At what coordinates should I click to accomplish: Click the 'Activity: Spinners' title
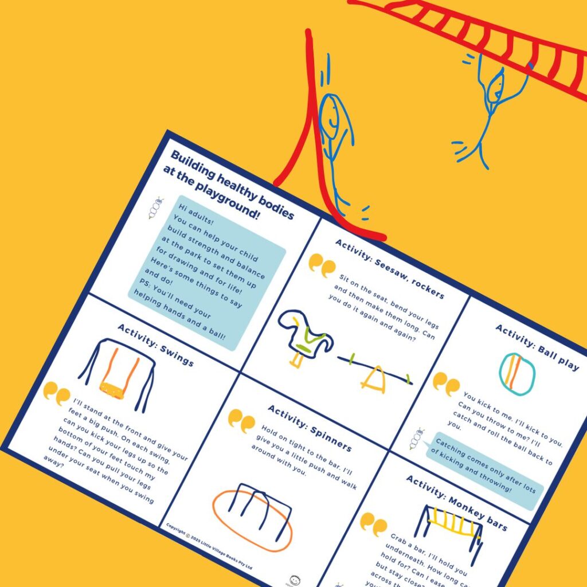[310, 427]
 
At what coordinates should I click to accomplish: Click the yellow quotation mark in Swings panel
[56, 393]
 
